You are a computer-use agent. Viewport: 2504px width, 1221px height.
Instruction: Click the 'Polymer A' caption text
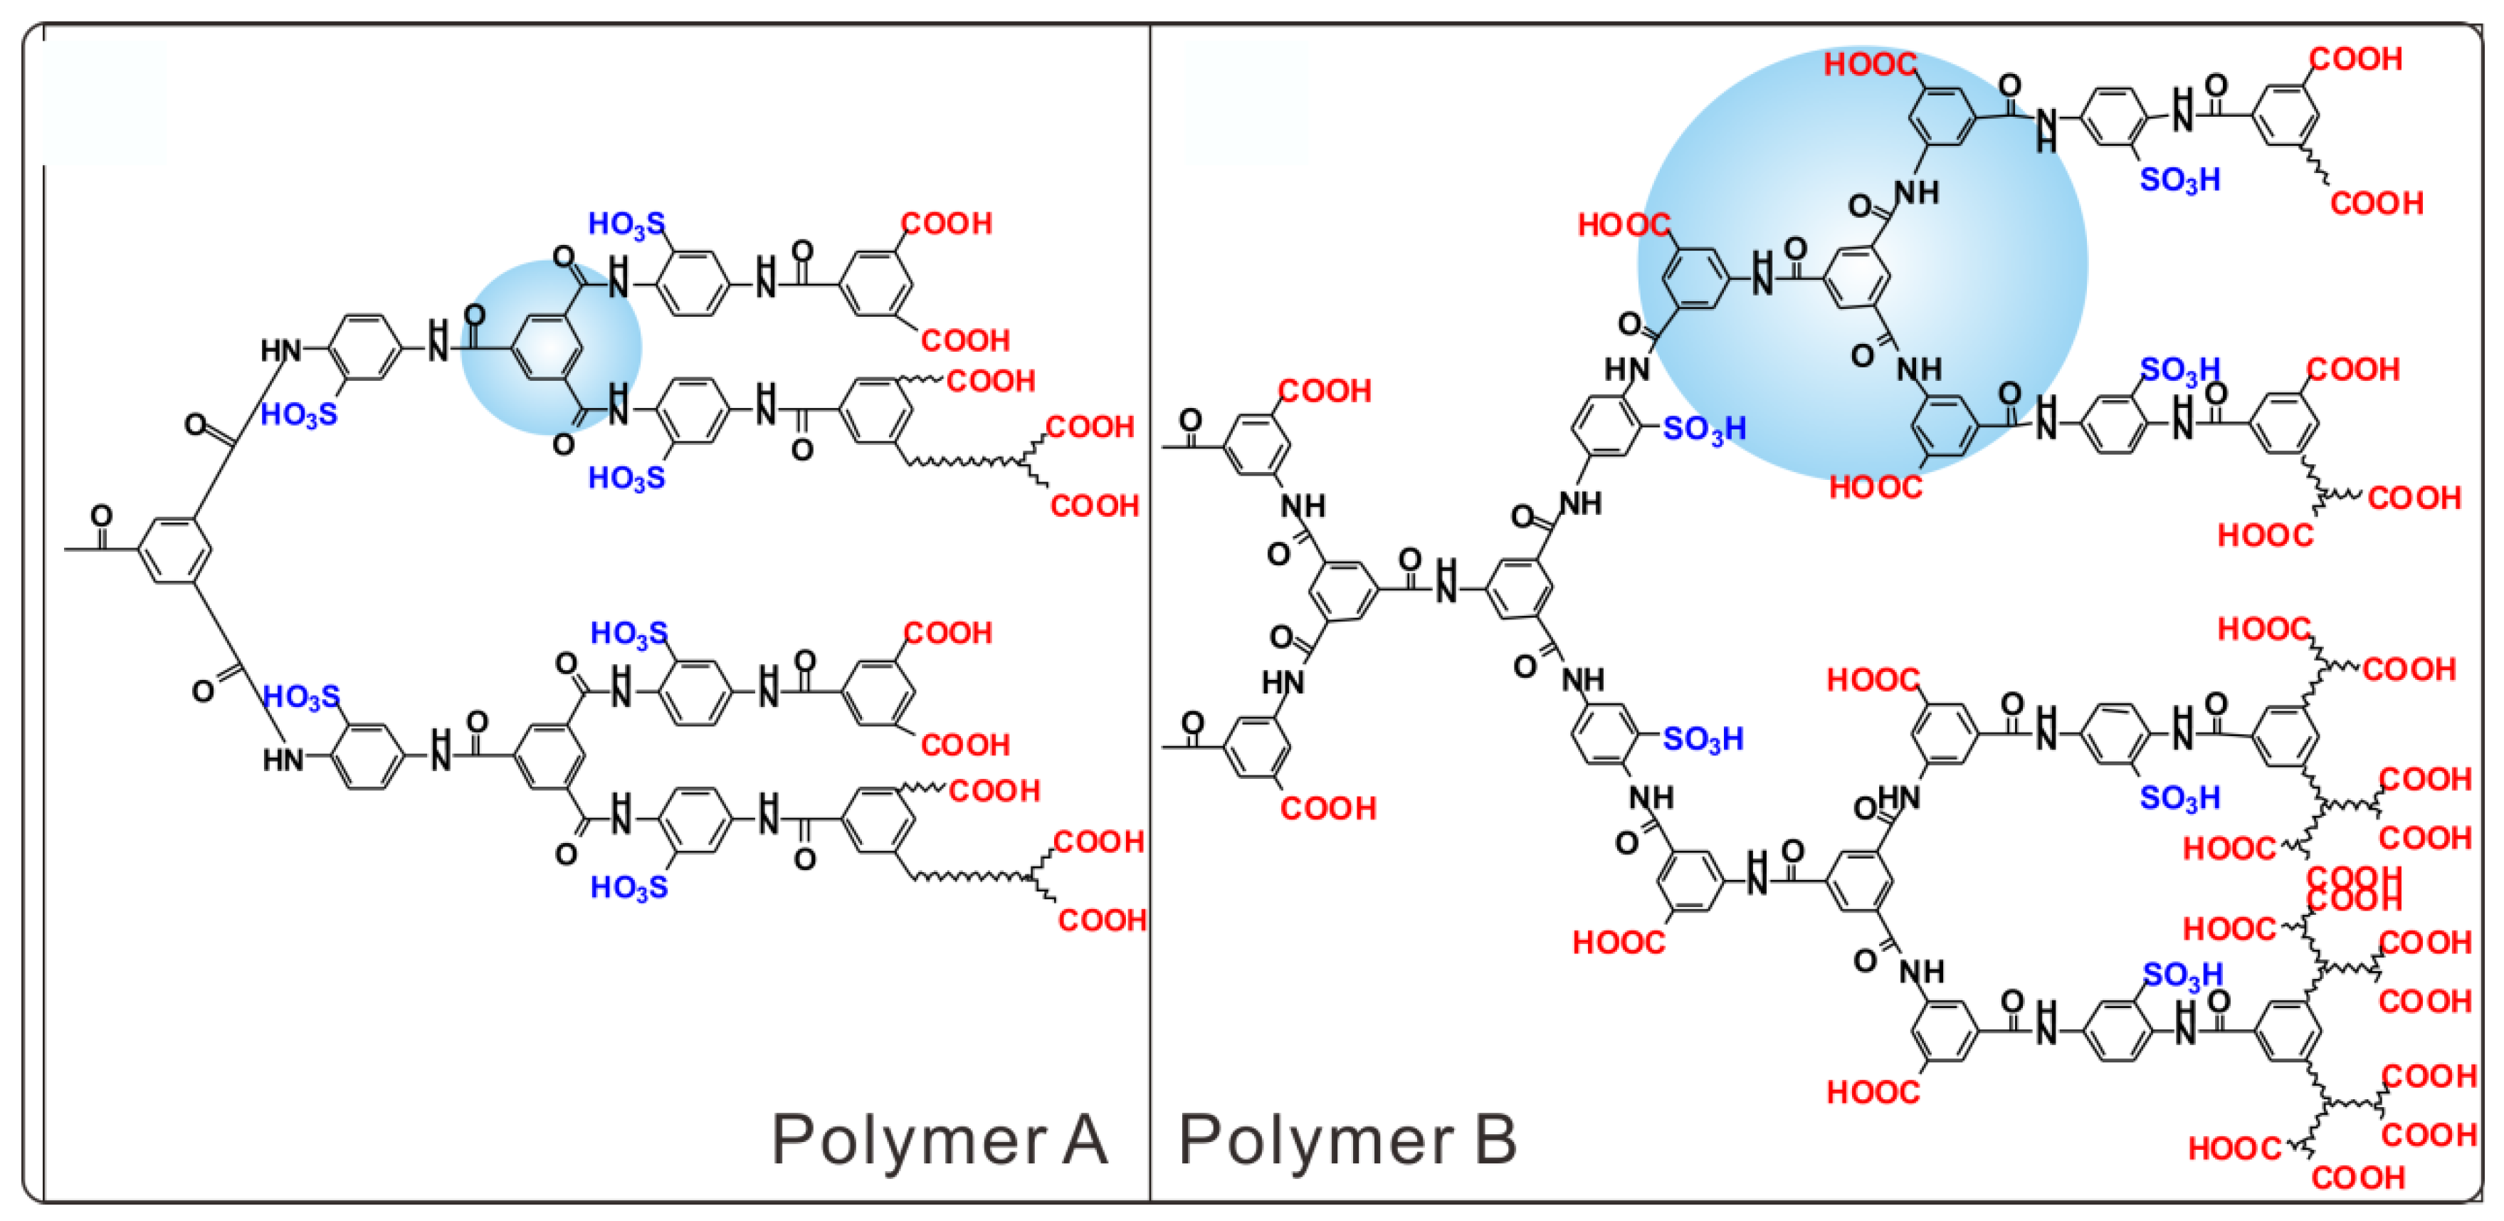pos(939,1139)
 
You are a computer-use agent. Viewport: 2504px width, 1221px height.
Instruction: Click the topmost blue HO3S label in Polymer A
pos(627,224)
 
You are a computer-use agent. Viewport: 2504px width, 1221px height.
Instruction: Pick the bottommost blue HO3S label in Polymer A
pos(629,886)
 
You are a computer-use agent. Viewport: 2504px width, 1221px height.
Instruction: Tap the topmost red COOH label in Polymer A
pos(947,224)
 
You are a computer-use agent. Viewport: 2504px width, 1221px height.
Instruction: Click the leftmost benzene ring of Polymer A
pos(175,550)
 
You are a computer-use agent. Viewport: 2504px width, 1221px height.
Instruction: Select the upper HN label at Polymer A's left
pos(281,350)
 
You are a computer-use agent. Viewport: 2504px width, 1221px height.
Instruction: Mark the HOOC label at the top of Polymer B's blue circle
pos(1871,64)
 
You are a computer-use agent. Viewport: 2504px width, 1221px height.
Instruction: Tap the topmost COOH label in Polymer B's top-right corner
pos(2356,59)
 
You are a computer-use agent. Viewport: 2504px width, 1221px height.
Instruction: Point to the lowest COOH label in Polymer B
pos(2358,1178)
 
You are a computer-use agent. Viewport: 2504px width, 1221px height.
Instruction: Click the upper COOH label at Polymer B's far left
pos(1325,391)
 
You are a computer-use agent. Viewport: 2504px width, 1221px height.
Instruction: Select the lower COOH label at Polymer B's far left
pos(1328,808)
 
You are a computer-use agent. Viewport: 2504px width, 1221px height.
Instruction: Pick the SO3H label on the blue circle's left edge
pos(1704,429)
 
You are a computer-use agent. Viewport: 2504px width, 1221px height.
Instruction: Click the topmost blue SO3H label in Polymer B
pos(2180,179)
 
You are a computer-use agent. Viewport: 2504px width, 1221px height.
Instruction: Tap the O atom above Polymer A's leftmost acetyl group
pos(101,514)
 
